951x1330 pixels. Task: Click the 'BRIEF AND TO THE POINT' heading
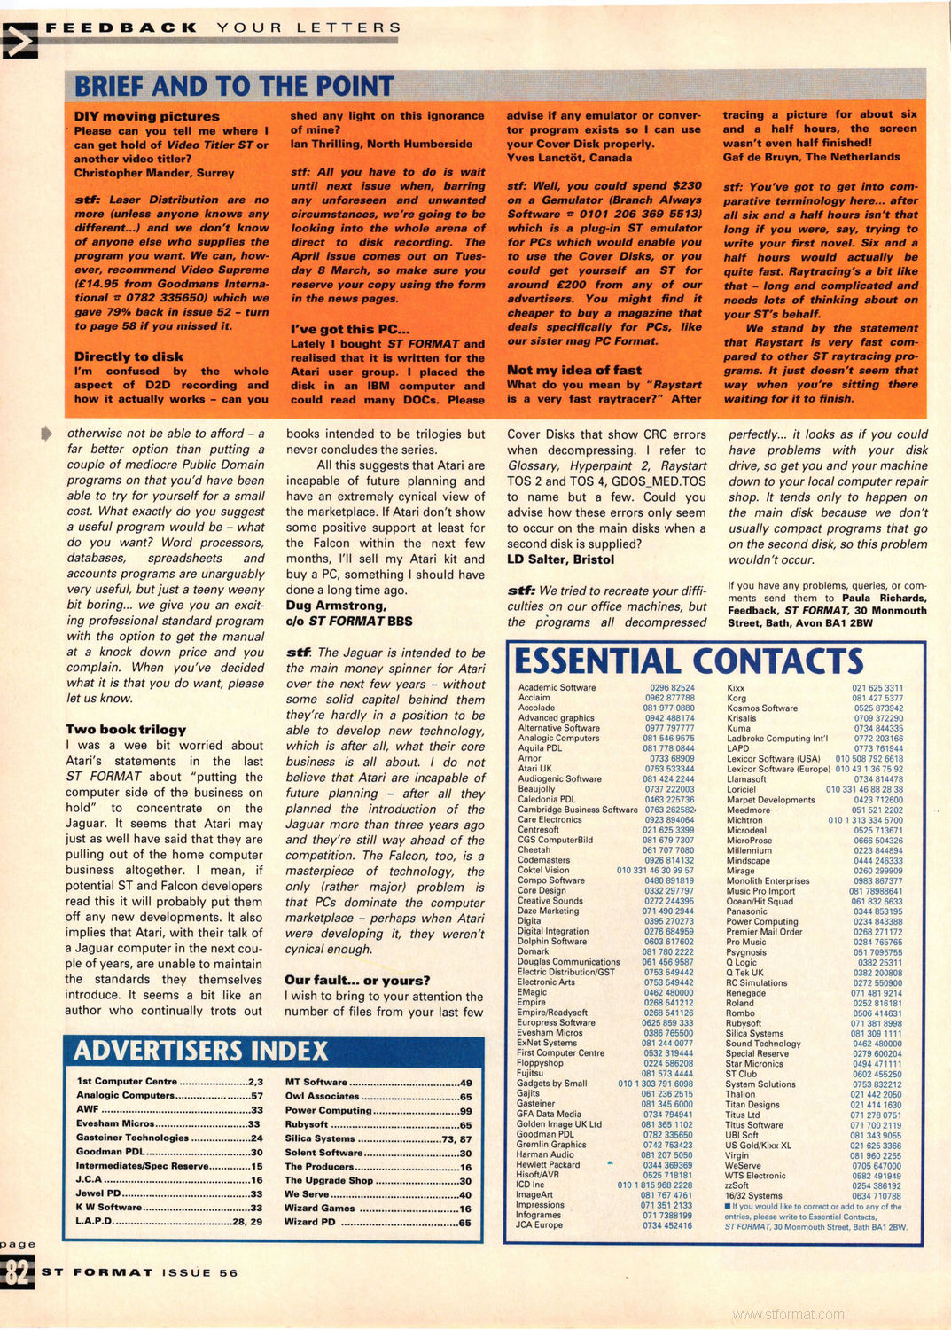click(x=234, y=86)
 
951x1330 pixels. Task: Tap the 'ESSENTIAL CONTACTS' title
click(x=689, y=661)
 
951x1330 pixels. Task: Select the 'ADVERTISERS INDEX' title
click(x=200, y=1051)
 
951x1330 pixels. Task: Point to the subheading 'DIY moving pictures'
click(x=146, y=116)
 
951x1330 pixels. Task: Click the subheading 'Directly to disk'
click(x=129, y=356)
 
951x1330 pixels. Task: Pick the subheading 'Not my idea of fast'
click(x=573, y=370)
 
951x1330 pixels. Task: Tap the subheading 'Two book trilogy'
click(x=126, y=729)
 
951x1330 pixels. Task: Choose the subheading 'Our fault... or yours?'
click(x=357, y=980)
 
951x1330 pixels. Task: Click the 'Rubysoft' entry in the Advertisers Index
click(x=307, y=1124)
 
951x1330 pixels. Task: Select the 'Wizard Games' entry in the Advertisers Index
click(x=320, y=1208)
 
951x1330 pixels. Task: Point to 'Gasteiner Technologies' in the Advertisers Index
click(x=132, y=1138)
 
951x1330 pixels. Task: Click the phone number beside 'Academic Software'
click(x=672, y=687)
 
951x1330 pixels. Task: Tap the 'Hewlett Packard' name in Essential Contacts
click(x=548, y=1164)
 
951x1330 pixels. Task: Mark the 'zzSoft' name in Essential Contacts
click(x=737, y=1185)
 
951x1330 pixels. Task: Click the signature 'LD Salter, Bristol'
click(x=560, y=559)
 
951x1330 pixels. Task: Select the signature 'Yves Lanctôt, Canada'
click(x=569, y=158)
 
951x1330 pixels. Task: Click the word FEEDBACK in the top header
click(x=121, y=27)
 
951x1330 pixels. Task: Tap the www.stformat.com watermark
click(x=788, y=1314)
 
